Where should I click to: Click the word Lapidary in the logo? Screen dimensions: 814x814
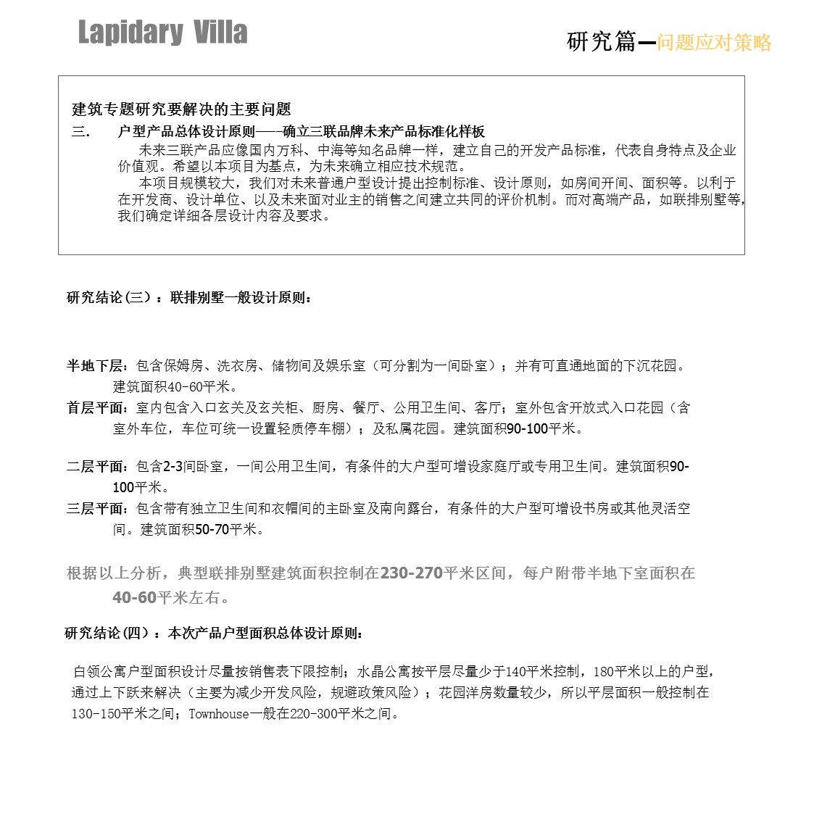click(x=130, y=33)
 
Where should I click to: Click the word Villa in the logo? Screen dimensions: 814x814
click(x=220, y=33)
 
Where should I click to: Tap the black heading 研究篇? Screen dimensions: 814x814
click(x=601, y=42)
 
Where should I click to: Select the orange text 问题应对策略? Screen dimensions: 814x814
click(x=714, y=43)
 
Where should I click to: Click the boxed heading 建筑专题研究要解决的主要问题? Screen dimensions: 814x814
click(x=181, y=109)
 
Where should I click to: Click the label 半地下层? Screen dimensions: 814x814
click(x=96, y=366)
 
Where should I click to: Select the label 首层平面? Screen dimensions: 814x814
click(x=96, y=408)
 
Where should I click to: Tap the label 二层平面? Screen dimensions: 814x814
click(x=96, y=467)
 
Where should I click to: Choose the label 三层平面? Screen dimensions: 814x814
click(x=96, y=509)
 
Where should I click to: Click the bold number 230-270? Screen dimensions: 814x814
click(x=411, y=573)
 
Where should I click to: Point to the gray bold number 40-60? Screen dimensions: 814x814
click(x=134, y=598)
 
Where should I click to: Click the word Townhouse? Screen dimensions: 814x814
click(x=218, y=714)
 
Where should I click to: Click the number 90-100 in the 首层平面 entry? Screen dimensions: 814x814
click(x=527, y=429)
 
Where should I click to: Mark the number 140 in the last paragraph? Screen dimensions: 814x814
click(x=515, y=672)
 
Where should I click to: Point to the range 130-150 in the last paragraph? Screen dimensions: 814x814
click(x=95, y=714)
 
